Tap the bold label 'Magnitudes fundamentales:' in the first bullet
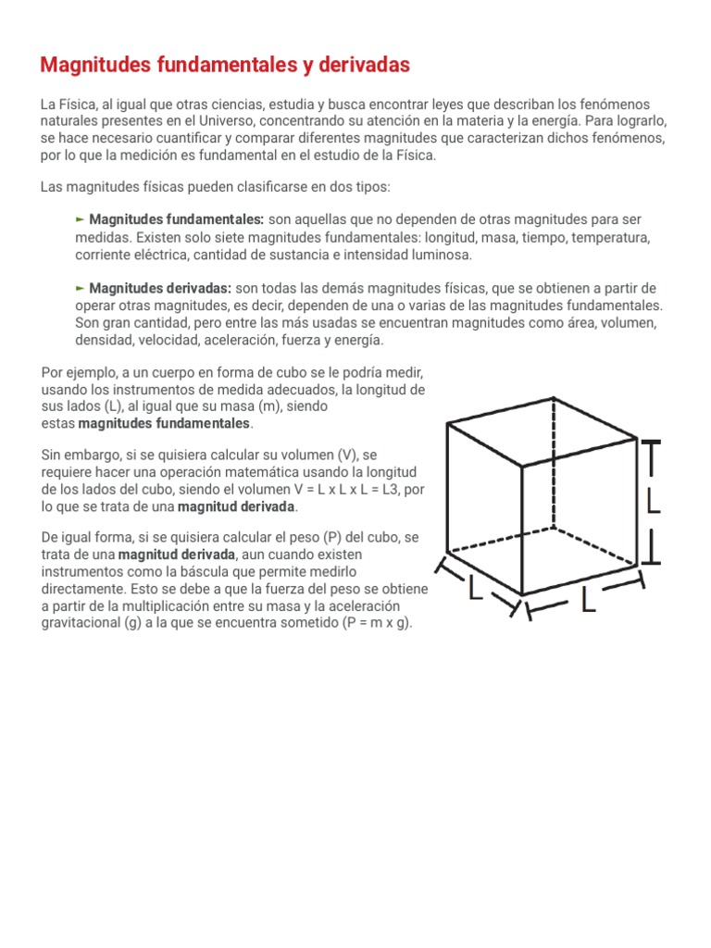coord(177,219)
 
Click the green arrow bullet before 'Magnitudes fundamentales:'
coord(81,219)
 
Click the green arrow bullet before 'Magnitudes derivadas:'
coord(81,288)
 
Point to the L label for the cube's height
coord(654,503)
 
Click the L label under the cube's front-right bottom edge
coord(588,602)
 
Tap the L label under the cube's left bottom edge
coord(476,587)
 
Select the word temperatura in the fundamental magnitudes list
coord(612,237)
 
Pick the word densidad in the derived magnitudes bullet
coord(105,341)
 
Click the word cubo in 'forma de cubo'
coord(289,372)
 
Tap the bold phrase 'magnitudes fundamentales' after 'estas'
coord(165,424)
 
